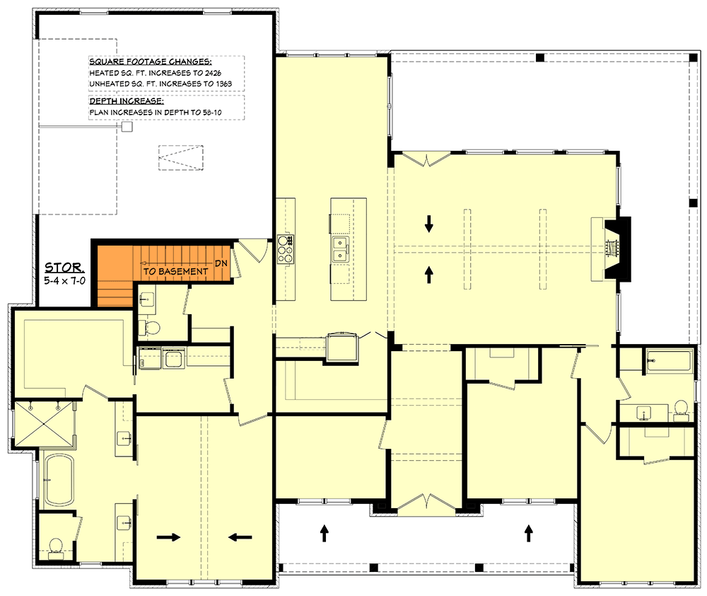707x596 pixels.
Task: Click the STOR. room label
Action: (64, 268)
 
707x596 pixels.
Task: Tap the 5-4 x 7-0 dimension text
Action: (64, 281)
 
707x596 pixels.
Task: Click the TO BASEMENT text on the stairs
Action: (175, 271)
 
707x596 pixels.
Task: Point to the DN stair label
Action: (221, 263)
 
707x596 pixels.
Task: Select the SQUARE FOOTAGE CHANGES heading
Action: (150, 62)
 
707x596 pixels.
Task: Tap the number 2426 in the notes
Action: (213, 73)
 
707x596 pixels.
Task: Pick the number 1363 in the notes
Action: (223, 84)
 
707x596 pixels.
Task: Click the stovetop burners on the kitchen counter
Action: (286, 248)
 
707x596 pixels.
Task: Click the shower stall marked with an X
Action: (43, 423)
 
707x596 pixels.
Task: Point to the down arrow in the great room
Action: (429, 224)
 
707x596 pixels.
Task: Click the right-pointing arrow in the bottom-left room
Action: (169, 537)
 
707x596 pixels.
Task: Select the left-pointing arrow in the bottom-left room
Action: (240, 537)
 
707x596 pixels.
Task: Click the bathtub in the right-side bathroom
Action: (669, 361)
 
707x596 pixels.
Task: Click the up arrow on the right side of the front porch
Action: (529, 533)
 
